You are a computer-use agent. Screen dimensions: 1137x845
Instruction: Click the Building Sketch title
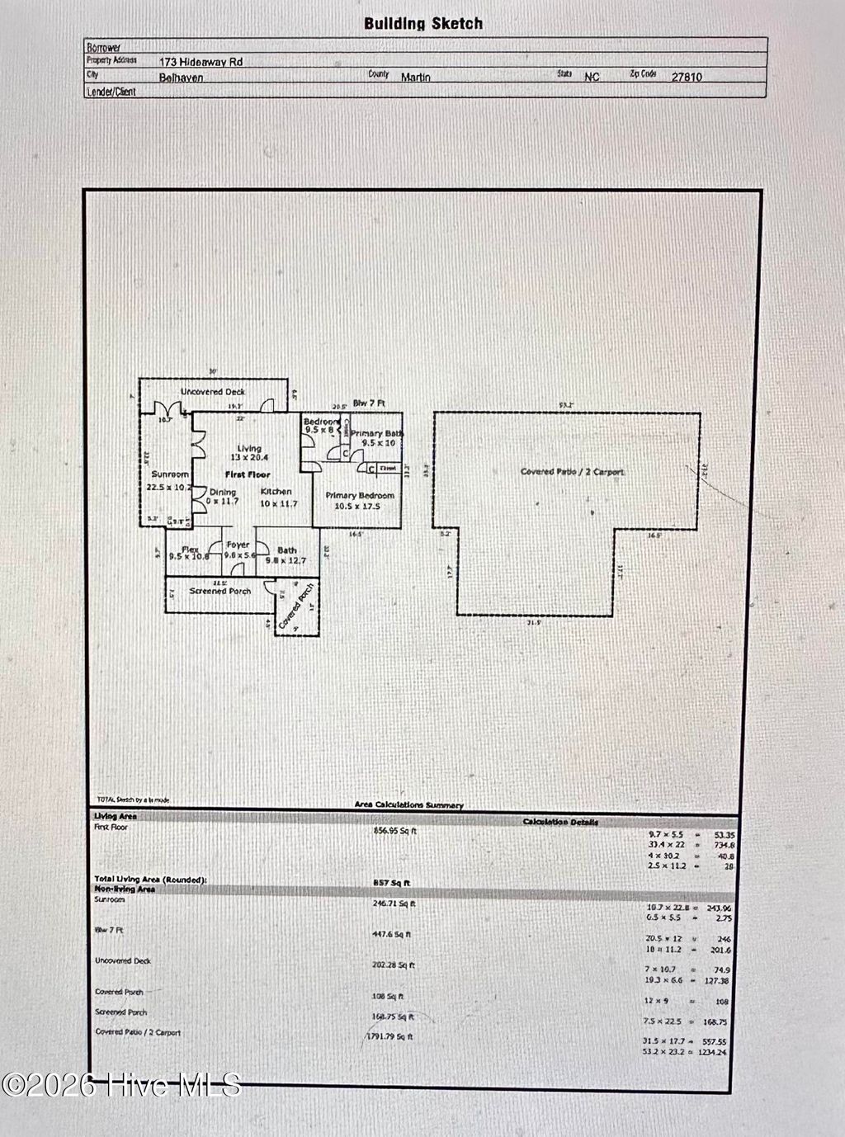pos(423,23)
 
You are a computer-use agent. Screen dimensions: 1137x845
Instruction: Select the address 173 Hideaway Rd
pos(201,62)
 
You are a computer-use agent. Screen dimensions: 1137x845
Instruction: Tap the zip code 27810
pos(687,77)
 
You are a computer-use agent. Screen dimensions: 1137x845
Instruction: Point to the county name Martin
pos(415,77)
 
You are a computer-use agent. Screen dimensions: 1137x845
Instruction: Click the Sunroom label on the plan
pos(170,474)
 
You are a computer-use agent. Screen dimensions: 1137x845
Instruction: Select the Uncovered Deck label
pos(213,392)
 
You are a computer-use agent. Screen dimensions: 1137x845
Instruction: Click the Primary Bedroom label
pos(359,496)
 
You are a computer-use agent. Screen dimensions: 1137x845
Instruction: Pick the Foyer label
pos(238,545)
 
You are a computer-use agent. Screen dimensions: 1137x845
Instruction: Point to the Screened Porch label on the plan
pos(220,591)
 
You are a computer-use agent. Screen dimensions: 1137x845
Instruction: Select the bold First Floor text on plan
pos(248,475)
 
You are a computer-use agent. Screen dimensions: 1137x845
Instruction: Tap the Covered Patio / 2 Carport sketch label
pos(572,472)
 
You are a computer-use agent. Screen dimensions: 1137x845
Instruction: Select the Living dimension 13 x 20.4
pos(249,458)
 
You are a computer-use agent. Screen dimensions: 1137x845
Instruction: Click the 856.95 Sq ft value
pos(395,831)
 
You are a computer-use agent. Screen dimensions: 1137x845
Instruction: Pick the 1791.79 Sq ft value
pos(390,1037)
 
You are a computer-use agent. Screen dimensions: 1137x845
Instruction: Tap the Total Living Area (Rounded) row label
pos(150,880)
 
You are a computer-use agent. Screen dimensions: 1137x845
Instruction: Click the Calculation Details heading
pos(560,822)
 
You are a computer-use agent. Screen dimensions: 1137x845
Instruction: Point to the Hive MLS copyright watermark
pos(121,1084)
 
